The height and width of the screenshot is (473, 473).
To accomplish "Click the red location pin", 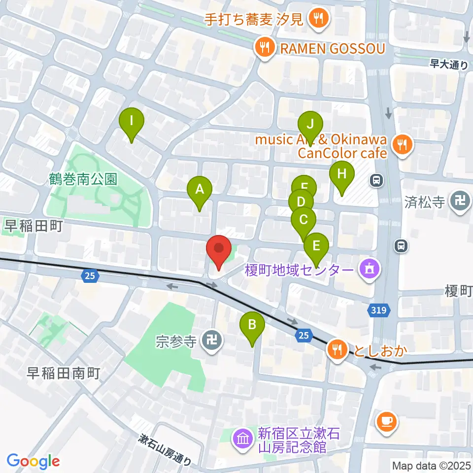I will [x=218, y=250].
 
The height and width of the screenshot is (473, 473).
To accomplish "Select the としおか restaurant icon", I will [x=337, y=350].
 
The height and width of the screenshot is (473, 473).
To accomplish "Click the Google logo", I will [x=34, y=461].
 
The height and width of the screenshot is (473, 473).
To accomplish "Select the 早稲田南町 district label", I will [x=64, y=373].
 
